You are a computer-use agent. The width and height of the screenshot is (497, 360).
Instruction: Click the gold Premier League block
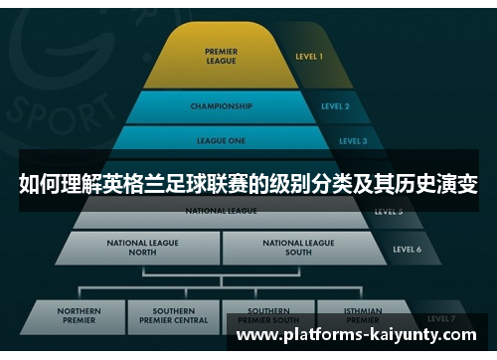[x=221, y=56]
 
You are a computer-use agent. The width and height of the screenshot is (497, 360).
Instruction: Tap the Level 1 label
[x=309, y=57]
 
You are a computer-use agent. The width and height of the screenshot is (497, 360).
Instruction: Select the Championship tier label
[x=221, y=105]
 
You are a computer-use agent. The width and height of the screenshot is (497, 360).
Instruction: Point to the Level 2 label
[x=335, y=105]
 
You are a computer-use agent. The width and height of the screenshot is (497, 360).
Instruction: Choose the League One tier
[x=221, y=140]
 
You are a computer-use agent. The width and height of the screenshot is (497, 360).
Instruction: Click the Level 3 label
[x=352, y=141]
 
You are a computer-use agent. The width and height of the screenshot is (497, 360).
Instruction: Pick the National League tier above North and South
[x=221, y=211]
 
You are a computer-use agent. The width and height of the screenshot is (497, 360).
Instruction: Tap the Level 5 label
[x=388, y=212]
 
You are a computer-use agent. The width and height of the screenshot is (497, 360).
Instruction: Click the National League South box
[x=298, y=247]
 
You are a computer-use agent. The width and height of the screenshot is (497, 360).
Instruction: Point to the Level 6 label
[x=407, y=249]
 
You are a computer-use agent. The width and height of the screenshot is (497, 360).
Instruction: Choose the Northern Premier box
[x=79, y=316]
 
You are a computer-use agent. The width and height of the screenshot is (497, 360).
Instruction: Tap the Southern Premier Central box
[x=173, y=316]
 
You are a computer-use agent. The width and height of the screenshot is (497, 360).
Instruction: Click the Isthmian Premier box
[x=362, y=313]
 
